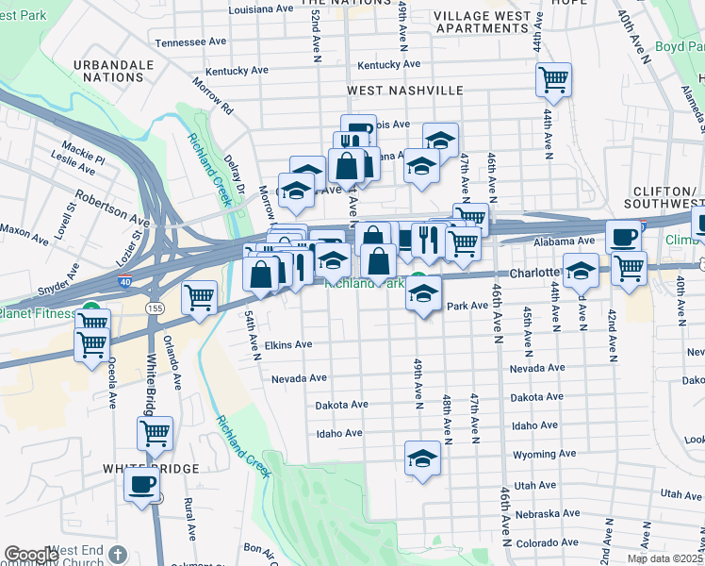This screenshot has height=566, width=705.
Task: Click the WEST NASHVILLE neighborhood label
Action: click(405, 91)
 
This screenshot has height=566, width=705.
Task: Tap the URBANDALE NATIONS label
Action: click(113, 71)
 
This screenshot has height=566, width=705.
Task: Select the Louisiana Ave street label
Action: click(261, 8)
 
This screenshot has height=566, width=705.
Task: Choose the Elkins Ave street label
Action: click(287, 345)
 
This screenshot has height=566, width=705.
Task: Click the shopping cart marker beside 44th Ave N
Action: click(553, 79)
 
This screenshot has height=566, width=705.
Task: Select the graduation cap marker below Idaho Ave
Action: click(423, 459)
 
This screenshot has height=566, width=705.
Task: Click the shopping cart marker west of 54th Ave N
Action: click(199, 298)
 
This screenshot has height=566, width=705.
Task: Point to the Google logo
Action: click(31, 555)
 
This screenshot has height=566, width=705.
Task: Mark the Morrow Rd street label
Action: click(215, 96)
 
